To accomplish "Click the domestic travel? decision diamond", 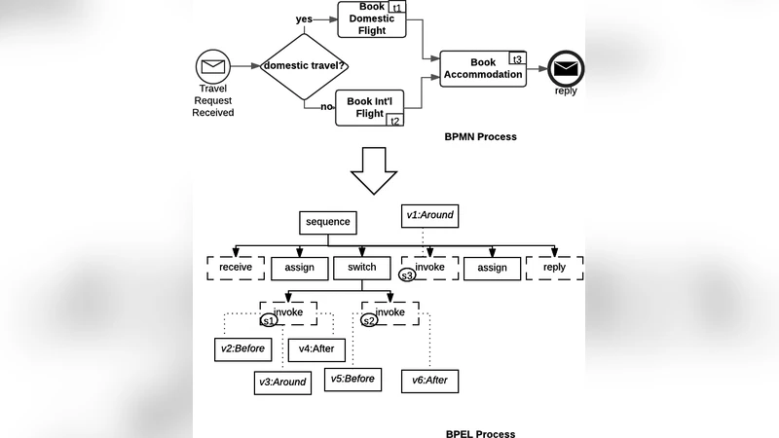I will pyautogui.click(x=305, y=66).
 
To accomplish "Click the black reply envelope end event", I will pyautogui.click(x=565, y=68).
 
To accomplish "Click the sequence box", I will pyautogui.click(x=327, y=222).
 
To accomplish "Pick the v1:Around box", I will pyautogui.click(x=429, y=214).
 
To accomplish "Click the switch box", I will pyautogui.click(x=361, y=268).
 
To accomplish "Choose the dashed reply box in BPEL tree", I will pyautogui.click(x=554, y=268).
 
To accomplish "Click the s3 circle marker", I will pyautogui.click(x=408, y=275).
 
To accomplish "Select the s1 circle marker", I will pyautogui.click(x=270, y=320).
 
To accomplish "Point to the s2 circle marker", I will pyautogui.click(x=369, y=320).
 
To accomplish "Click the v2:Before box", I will pyautogui.click(x=240, y=348).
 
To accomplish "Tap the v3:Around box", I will pyautogui.click(x=281, y=382).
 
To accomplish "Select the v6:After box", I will pyautogui.click(x=429, y=381).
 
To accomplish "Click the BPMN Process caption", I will pyautogui.click(x=480, y=137).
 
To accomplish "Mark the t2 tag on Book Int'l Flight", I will pyautogui.click(x=394, y=120).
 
